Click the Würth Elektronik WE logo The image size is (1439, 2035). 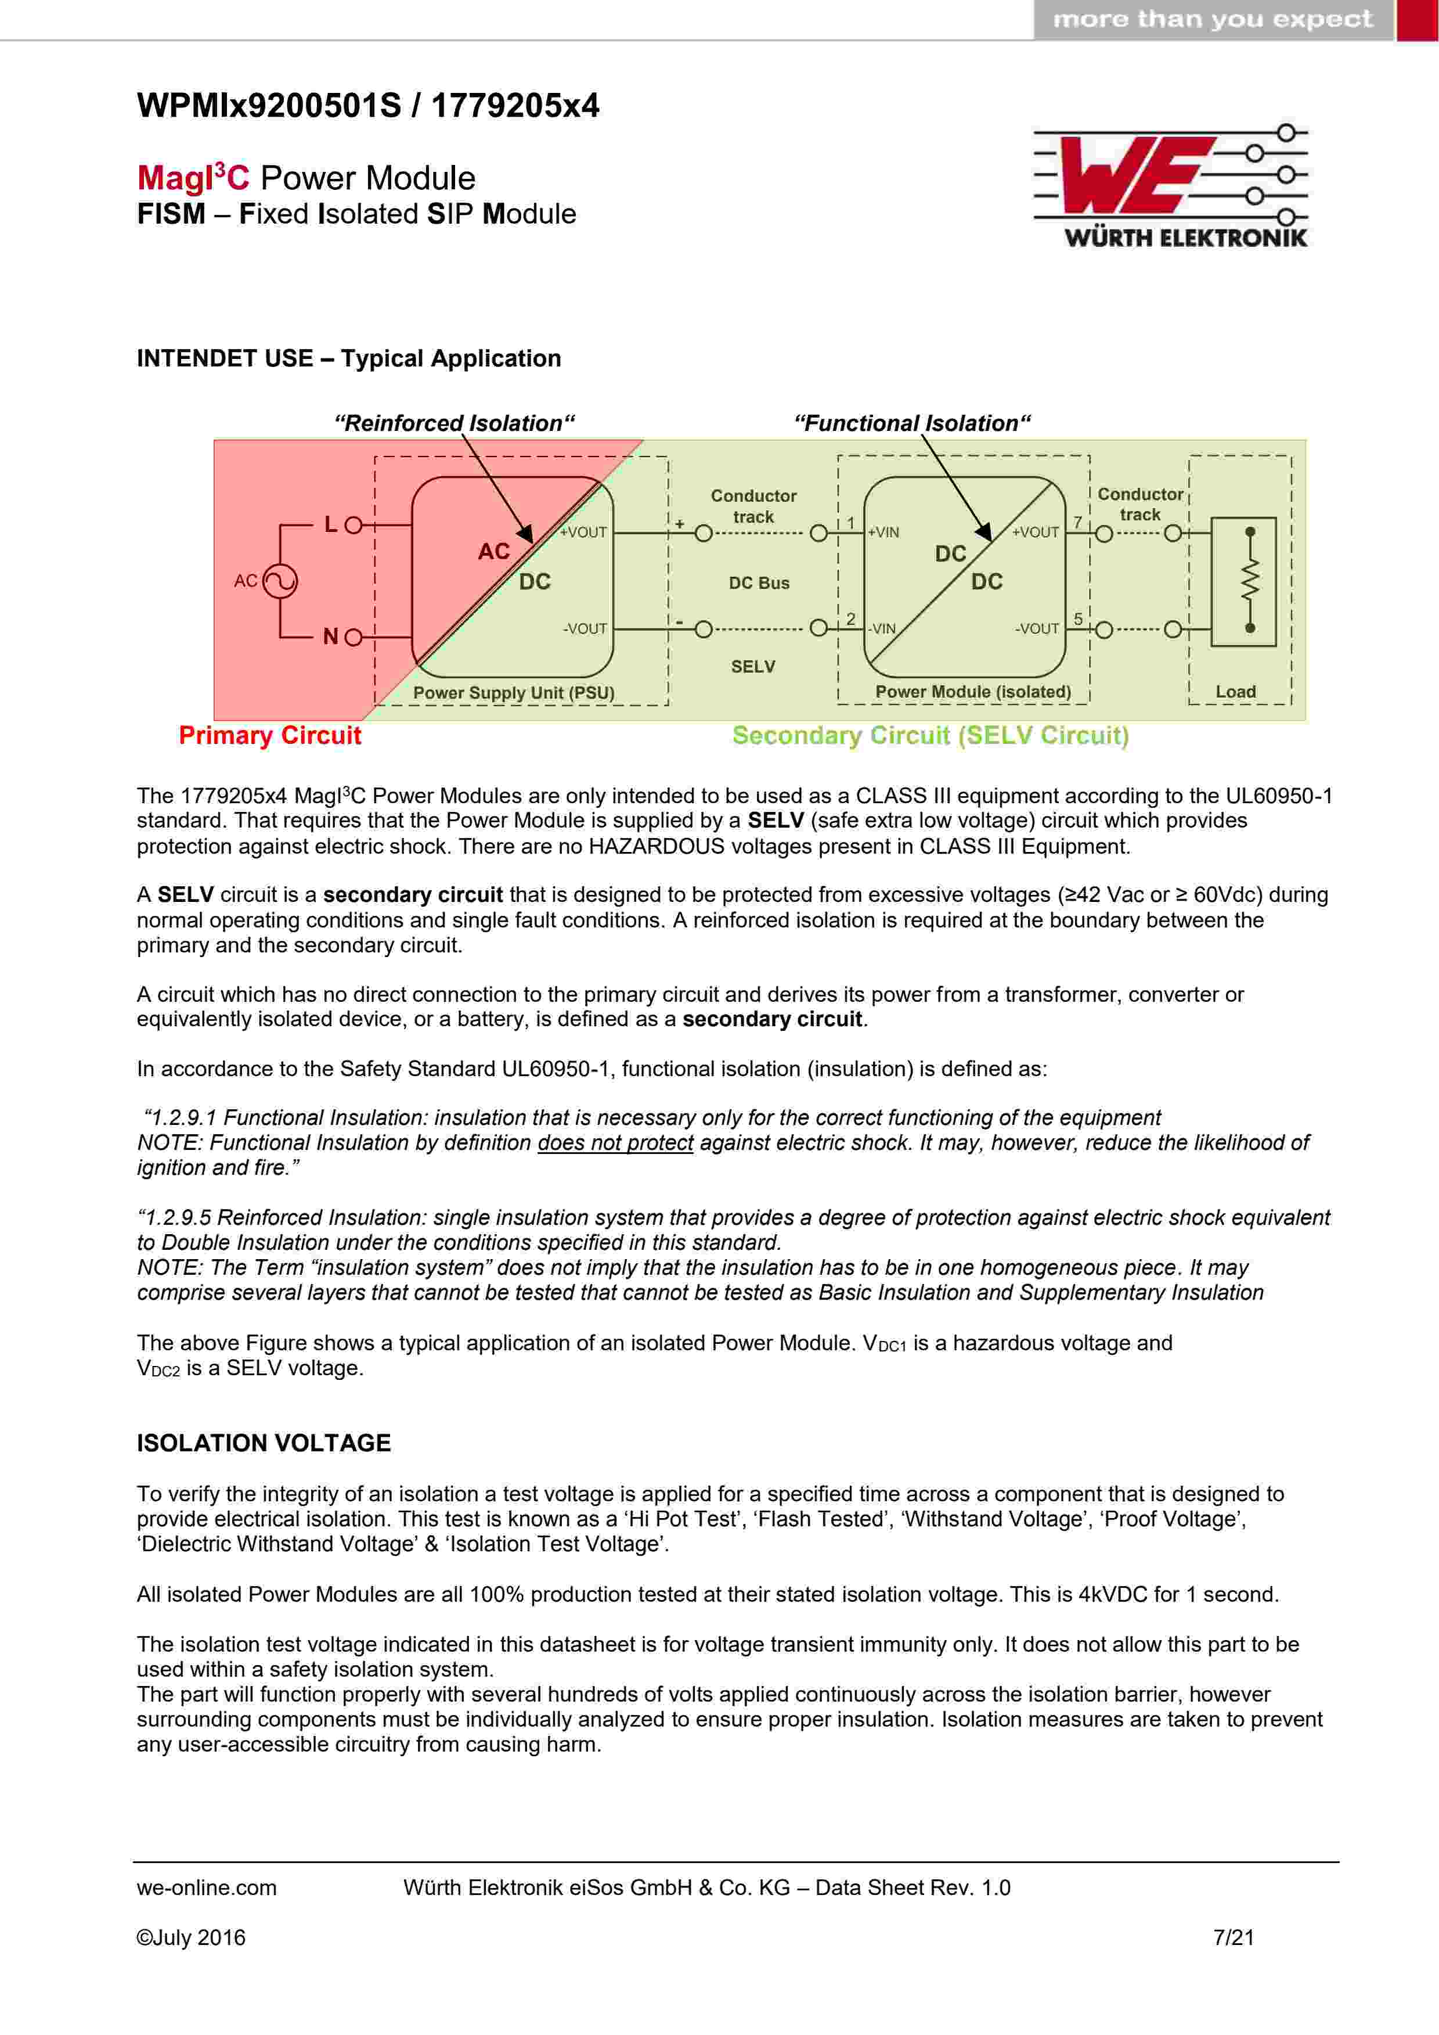[x=1170, y=185]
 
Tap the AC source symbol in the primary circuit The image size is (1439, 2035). [x=280, y=581]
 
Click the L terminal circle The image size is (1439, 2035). [x=353, y=526]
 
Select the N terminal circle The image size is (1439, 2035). [x=353, y=637]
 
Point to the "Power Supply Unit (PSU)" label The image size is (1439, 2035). [x=514, y=692]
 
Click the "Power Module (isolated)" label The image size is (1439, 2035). [x=973, y=691]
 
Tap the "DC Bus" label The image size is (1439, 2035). [x=759, y=583]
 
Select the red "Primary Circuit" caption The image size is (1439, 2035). [x=271, y=736]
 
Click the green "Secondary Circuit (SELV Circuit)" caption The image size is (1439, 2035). [x=931, y=736]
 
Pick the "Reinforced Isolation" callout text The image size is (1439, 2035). [x=455, y=423]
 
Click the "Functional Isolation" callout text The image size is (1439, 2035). [x=912, y=423]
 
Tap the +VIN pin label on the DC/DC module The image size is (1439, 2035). [x=883, y=533]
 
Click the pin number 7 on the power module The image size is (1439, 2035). [x=1079, y=522]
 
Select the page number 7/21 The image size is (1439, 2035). [x=1234, y=1937]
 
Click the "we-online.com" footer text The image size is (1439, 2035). [x=207, y=1888]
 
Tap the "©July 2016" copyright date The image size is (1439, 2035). [x=190, y=1937]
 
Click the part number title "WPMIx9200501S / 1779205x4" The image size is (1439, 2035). [x=367, y=106]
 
